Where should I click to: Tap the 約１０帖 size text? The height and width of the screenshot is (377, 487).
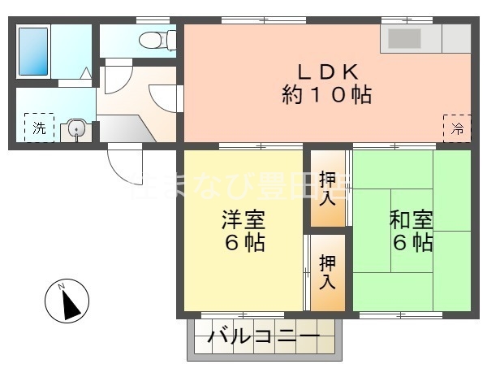tap(326, 95)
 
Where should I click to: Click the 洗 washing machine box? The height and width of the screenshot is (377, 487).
tap(39, 128)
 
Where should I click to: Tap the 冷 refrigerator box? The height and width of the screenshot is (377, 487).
tap(457, 128)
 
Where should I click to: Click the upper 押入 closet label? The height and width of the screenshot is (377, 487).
tap(328, 188)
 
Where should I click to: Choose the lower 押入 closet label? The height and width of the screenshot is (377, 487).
tap(328, 272)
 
